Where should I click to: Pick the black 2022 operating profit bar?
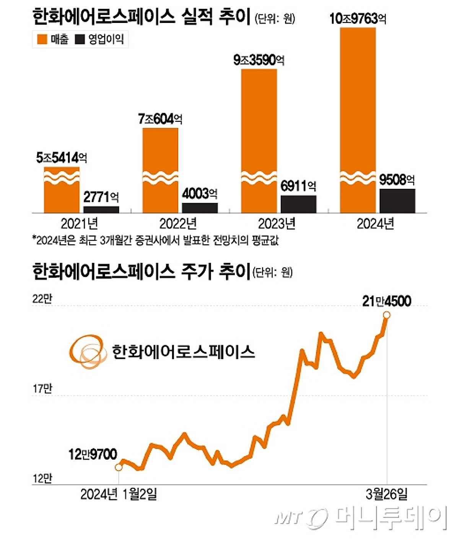[x=200, y=208]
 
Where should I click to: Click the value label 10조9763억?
[x=358, y=19]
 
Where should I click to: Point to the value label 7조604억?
[x=160, y=119]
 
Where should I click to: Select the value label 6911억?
[x=298, y=186]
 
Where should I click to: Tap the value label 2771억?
[x=101, y=197]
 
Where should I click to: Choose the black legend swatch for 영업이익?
[x=80, y=39]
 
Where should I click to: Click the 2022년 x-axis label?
[x=178, y=224]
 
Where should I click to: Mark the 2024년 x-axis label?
[x=375, y=224]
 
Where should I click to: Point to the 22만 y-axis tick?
[x=42, y=299]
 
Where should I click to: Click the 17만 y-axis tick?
[x=42, y=389]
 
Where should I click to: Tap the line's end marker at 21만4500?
[x=387, y=315]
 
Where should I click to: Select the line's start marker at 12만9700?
[x=119, y=467]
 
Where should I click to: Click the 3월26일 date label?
[x=386, y=494]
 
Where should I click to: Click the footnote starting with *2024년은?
[x=155, y=240]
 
